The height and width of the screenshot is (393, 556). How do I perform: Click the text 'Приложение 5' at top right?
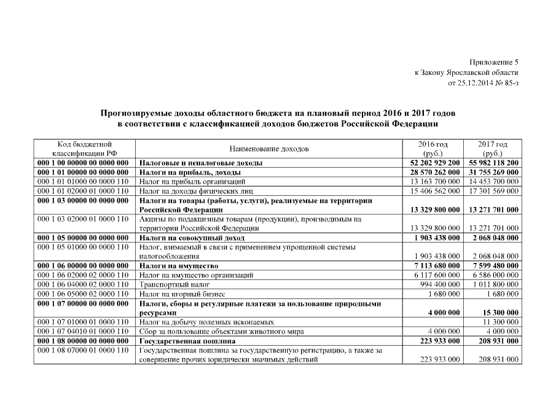point(495,62)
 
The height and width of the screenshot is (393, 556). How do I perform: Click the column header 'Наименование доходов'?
point(269,149)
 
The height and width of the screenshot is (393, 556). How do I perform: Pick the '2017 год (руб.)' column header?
point(493,149)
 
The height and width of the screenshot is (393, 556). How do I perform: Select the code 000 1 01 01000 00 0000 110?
point(83,182)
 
